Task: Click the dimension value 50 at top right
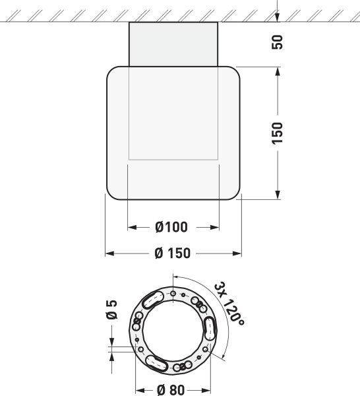point(278,42)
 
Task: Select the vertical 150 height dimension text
point(278,133)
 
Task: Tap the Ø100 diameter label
point(171,227)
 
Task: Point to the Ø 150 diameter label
point(173,253)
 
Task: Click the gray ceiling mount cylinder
point(173,44)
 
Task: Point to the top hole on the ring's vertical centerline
point(173,292)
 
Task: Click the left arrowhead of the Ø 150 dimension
point(109,253)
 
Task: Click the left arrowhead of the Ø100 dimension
point(131,227)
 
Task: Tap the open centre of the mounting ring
point(173,331)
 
